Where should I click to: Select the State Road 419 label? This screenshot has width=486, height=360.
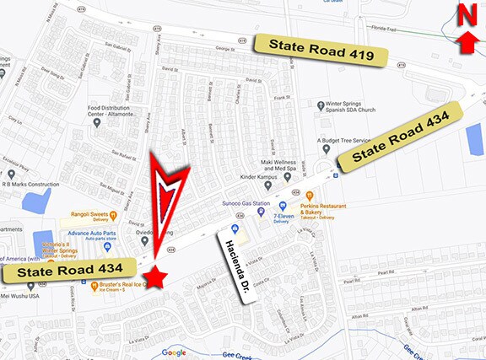(x=321, y=51)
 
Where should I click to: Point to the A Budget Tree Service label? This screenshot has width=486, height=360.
(x=343, y=141)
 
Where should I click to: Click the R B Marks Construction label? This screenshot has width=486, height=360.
(x=30, y=183)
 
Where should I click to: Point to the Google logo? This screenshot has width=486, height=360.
(x=174, y=352)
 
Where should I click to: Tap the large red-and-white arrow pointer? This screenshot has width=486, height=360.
(x=168, y=202)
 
